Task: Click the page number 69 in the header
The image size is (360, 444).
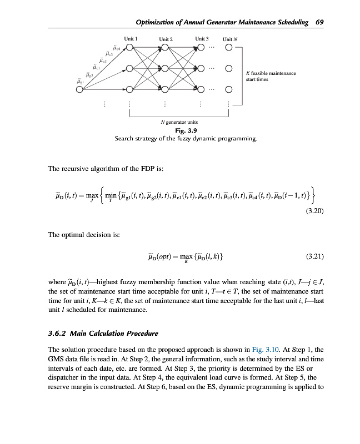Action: click(x=319, y=22)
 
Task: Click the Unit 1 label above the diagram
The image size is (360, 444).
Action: click(x=131, y=39)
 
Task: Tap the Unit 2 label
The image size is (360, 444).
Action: click(x=166, y=39)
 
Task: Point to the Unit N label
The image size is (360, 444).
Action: click(x=230, y=39)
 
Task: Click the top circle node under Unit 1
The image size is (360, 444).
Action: click(x=129, y=48)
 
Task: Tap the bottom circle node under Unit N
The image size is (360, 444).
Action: click(x=229, y=89)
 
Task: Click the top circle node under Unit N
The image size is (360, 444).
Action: click(x=229, y=48)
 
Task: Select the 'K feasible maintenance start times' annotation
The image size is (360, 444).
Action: click(x=271, y=76)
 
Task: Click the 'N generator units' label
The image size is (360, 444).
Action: click(x=179, y=122)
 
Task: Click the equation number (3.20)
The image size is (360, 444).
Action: click(x=315, y=211)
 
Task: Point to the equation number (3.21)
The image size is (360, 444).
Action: click(x=315, y=257)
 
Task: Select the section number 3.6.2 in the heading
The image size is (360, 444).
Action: click(x=58, y=334)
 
